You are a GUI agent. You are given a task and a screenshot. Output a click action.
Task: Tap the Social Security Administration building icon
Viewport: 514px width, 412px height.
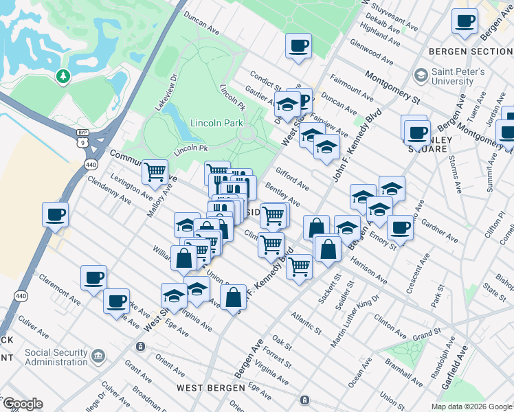click(98, 355)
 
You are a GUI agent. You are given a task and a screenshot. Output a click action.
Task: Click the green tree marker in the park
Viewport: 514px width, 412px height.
click(64, 76)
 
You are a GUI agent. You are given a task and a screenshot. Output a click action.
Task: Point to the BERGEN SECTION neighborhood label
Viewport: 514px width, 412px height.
click(470, 51)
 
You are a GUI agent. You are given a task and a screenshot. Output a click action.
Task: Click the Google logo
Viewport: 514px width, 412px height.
click(23, 404)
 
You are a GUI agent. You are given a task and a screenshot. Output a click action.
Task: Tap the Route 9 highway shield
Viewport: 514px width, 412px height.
click(82, 143)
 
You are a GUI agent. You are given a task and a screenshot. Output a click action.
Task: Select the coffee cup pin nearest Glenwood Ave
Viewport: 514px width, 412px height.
click(298, 46)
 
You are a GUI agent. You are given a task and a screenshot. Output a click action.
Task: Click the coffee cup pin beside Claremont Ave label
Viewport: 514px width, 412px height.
click(94, 278)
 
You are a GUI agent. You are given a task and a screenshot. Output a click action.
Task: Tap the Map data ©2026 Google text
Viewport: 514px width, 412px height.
click(470, 406)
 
